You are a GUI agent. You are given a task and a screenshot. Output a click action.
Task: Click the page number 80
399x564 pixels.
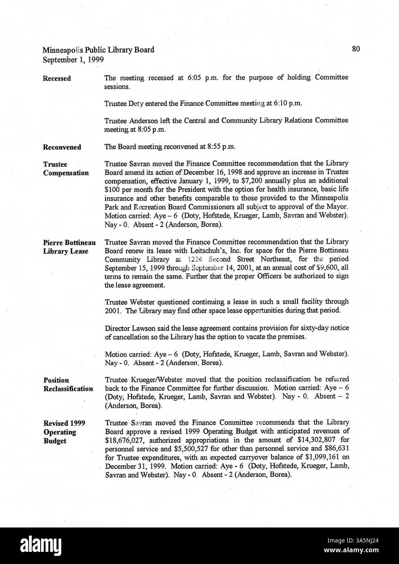(356, 49)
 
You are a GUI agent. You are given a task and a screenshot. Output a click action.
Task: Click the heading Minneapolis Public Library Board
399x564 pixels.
(98, 50)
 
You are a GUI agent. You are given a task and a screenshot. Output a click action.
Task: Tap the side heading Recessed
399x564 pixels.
(57, 78)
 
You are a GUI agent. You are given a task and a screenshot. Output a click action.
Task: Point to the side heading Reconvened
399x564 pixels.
(62, 147)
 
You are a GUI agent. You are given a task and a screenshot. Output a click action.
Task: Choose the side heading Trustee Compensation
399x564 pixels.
(66, 168)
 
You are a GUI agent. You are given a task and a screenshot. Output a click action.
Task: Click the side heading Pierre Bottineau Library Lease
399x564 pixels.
(69, 247)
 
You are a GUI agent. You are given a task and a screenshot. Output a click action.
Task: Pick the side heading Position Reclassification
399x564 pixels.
(68, 384)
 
